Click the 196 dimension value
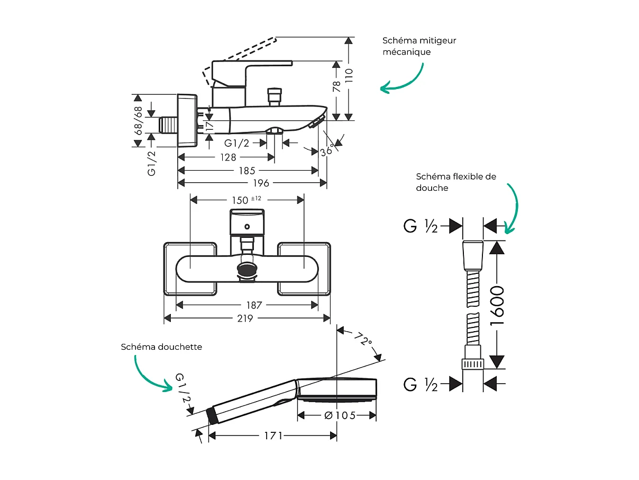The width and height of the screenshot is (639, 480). (261, 183)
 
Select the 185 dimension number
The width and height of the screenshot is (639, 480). (247, 171)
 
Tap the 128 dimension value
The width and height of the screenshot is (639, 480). (229, 157)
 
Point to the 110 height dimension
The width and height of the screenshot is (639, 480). (349, 77)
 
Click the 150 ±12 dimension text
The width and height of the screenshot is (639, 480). (247, 200)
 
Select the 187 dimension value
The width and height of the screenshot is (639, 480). (254, 305)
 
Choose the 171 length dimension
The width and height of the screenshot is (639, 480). (273, 436)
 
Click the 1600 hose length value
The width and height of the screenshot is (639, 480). (497, 305)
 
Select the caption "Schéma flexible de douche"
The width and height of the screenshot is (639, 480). (455, 182)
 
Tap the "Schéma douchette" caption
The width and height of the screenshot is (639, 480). (161, 347)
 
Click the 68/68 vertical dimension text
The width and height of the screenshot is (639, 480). (139, 121)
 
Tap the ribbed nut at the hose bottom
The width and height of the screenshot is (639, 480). (473, 364)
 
